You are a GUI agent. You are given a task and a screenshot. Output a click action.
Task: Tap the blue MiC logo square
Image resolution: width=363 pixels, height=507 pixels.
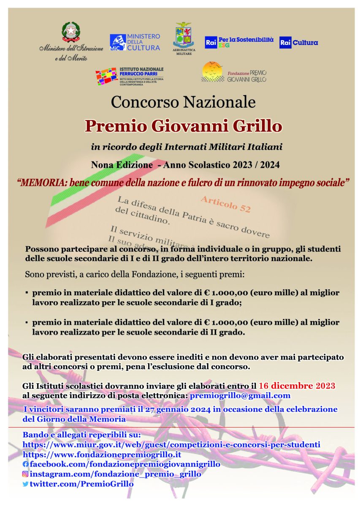click(117, 43)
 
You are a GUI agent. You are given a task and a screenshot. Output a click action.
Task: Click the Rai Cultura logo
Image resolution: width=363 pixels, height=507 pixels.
click(298, 43)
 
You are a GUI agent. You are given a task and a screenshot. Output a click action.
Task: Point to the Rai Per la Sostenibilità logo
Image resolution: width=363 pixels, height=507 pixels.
click(239, 42)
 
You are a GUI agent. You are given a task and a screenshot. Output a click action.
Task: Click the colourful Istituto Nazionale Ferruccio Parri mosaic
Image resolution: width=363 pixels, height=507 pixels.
click(106, 76)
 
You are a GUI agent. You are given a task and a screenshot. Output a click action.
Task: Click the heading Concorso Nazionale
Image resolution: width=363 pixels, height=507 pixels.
click(183, 102)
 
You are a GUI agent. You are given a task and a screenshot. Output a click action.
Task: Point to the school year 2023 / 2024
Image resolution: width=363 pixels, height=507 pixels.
click(254, 164)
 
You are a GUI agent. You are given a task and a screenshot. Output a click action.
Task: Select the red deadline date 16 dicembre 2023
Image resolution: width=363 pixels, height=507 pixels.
click(297, 386)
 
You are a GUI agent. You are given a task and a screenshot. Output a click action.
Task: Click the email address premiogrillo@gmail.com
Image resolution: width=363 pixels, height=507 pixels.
click(240, 395)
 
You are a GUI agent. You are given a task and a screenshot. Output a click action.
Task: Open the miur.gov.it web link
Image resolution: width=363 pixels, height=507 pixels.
click(171, 444)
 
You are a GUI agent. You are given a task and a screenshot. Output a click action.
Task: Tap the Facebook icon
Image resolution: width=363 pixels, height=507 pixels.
click(25, 464)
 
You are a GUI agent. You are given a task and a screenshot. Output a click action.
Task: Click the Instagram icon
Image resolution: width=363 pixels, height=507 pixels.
click(25, 474)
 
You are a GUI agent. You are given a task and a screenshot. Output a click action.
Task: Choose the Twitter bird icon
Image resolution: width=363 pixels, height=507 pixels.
click(25, 484)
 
